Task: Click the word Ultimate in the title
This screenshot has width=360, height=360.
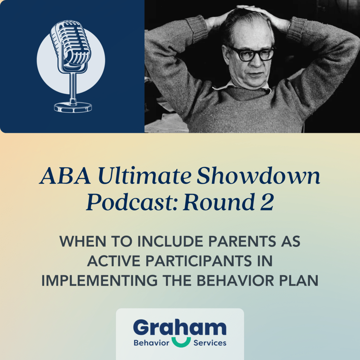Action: click(144, 176)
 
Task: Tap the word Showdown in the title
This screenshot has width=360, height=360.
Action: click(258, 176)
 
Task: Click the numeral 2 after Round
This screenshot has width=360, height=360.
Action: click(267, 202)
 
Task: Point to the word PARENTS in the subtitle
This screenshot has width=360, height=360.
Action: click(242, 241)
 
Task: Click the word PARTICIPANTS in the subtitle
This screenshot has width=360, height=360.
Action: click(199, 261)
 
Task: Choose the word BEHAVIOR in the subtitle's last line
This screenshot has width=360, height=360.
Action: click(235, 280)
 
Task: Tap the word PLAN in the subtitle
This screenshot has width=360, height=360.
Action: click(299, 280)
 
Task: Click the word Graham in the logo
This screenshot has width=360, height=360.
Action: click(180, 327)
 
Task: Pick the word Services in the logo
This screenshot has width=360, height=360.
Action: click(210, 343)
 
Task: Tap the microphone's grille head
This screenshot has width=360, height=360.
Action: click(70, 44)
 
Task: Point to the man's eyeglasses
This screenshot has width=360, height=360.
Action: click(252, 54)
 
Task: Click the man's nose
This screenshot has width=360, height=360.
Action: click(256, 62)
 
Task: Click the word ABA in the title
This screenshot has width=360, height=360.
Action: click(65, 176)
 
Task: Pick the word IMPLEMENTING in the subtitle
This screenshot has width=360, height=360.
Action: click(99, 280)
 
